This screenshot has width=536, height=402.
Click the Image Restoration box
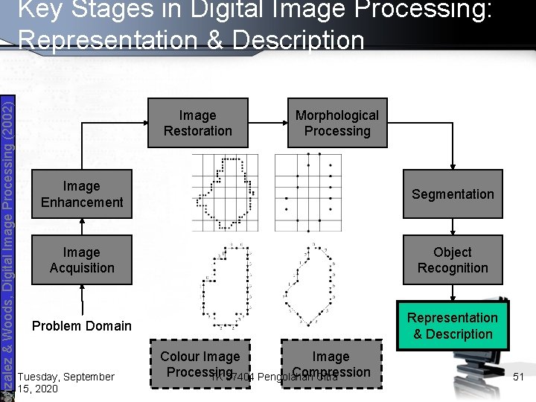pyautogui.click(x=197, y=123)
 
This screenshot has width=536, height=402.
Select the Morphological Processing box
pyautogui.click(x=337, y=123)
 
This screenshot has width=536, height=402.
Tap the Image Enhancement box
pyautogui.click(x=82, y=194)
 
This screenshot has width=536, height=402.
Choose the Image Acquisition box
pyautogui.click(x=82, y=260)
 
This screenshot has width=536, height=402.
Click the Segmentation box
pyautogui.click(x=453, y=194)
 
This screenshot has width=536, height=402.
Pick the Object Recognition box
pyautogui.click(x=453, y=260)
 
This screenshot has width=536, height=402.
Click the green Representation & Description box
pyautogui.click(x=453, y=326)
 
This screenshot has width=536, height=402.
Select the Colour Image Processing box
pyautogui.click(x=200, y=364)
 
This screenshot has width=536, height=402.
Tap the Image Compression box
pyautogui.click(x=331, y=364)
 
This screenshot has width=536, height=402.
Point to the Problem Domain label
pyautogui.click(x=81, y=325)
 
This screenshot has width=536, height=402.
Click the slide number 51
pyautogui.click(x=519, y=377)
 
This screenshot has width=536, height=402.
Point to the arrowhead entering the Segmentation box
pyautogui.click(x=453, y=168)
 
